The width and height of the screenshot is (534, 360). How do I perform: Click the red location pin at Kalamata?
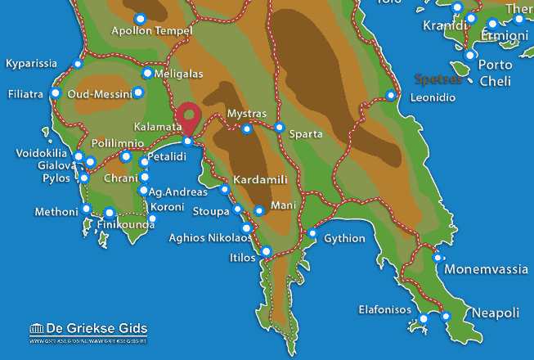[190, 117]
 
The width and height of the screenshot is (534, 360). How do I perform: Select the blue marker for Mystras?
[247, 128]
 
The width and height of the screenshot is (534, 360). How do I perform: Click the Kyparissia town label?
[32, 63]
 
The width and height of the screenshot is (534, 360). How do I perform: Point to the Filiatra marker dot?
[56, 93]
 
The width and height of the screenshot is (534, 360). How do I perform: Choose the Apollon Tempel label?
[151, 32]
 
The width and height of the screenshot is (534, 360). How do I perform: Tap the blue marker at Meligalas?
[147, 73]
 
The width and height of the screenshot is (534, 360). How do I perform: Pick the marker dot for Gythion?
[312, 234]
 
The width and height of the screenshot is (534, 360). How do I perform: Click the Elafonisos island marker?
[424, 319]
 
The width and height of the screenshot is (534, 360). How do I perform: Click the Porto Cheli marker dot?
[470, 55]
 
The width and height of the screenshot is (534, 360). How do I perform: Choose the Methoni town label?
[56, 212]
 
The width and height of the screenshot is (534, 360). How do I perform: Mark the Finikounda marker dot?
[109, 213]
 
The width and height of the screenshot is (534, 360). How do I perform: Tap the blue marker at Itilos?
[266, 250]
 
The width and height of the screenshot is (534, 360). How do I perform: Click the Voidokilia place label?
[43, 153]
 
